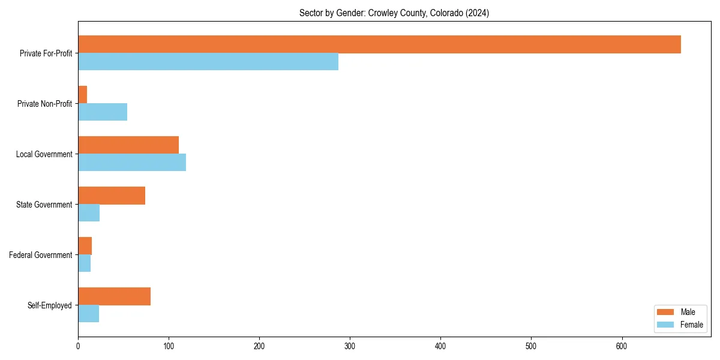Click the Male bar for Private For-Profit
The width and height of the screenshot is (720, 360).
(x=379, y=44)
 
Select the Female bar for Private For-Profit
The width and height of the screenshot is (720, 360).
(x=208, y=62)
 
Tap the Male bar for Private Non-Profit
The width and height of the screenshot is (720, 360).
(x=83, y=95)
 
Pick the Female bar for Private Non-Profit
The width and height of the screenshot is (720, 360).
(x=103, y=112)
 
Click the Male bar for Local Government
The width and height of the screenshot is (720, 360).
(x=128, y=145)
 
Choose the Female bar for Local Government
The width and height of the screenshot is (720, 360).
(x=132, y=163)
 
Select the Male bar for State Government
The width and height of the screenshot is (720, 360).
(x=112, y=196)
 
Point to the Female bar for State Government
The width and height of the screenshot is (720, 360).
(x=89, y=213)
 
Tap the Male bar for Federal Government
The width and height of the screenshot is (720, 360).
(x=85, y=246)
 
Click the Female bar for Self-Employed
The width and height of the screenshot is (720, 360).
(x=89, y=314)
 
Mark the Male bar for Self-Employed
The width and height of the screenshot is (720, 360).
(x=114, y=296)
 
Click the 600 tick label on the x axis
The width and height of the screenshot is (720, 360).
(x=622, y=346)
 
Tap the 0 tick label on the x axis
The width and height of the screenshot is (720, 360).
(x=78, y=346)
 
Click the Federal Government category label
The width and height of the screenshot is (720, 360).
(x=41, y=255)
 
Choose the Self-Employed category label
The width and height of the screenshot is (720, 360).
(x=50, y=305)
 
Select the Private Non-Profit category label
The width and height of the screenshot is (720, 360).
(x=45, y=104)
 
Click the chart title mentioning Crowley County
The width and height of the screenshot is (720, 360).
(x=394, y=13)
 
